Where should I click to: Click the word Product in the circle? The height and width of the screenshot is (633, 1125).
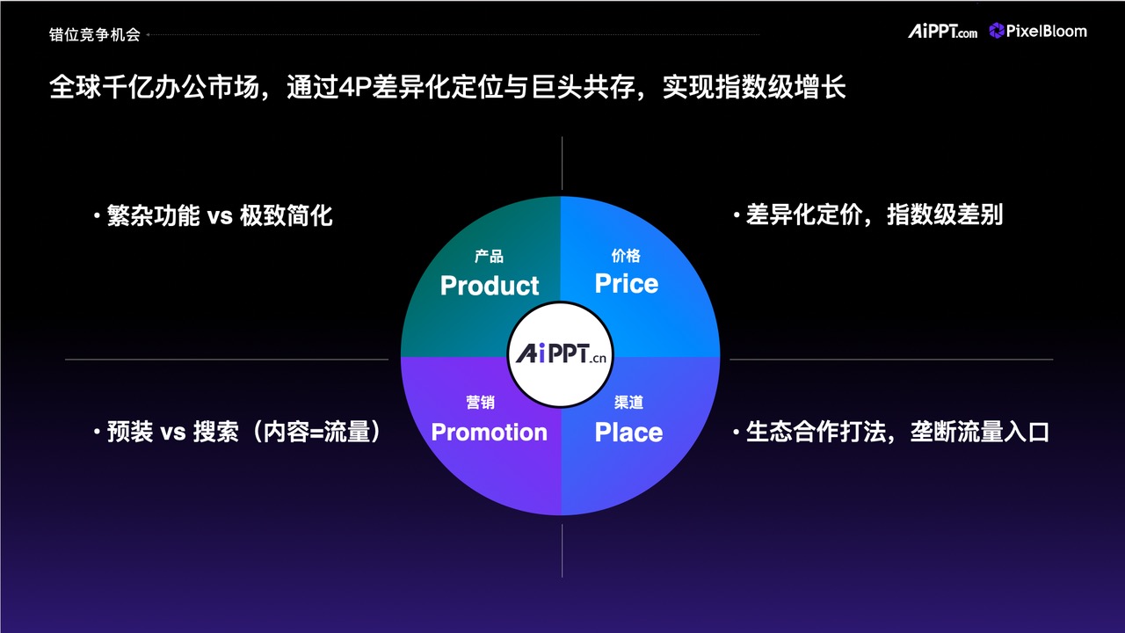coord(490,286)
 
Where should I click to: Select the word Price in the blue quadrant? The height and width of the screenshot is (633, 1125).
coord(627,283)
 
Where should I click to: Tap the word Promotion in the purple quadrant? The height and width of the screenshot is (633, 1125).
coord(490,432)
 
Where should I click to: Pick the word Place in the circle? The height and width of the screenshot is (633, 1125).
coord(628,432)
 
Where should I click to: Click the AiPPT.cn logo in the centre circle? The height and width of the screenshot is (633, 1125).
coord(561,353)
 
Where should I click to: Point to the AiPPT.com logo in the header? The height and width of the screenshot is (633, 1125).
coord(942,31)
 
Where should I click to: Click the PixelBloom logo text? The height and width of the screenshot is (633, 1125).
coord(1046,31)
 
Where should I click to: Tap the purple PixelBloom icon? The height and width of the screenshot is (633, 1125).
coord(996,31)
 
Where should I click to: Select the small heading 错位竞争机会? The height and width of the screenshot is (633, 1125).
coord(94,34)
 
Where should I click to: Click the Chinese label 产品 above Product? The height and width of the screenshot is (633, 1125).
coord(489,256)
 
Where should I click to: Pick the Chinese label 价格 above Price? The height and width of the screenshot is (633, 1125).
coord(626,256)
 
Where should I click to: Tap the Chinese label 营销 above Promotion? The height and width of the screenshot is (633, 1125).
coord(480,402)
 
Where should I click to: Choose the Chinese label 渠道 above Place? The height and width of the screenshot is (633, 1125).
coord(628,402)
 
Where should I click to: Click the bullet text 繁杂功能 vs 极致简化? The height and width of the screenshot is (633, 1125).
coord(220,215)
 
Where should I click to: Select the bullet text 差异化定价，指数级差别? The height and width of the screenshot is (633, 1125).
coord(875,215)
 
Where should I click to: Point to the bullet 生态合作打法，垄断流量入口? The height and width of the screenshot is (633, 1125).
coord(897,432)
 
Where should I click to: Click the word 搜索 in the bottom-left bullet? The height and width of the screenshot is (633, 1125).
coord(216,432)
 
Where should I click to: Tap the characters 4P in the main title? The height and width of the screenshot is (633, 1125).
coord(355,87)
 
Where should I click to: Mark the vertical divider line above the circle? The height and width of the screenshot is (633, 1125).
coord(562,163)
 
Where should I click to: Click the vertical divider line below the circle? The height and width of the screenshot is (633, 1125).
coord(562,550)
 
